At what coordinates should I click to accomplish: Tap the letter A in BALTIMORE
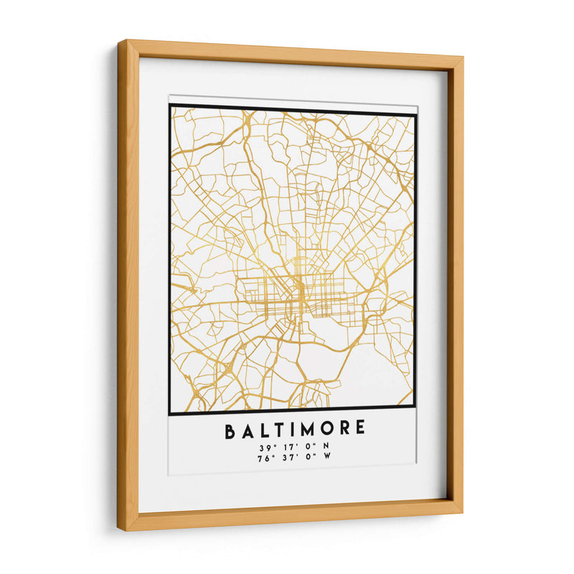[x=248, y=430]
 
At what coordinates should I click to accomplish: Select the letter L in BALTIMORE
[x=263, y=430]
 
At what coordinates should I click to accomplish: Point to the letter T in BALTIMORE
[x=278, y=430]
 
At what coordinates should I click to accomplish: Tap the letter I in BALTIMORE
[x=291, y=430]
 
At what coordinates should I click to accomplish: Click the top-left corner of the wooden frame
[x=119, y=42]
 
